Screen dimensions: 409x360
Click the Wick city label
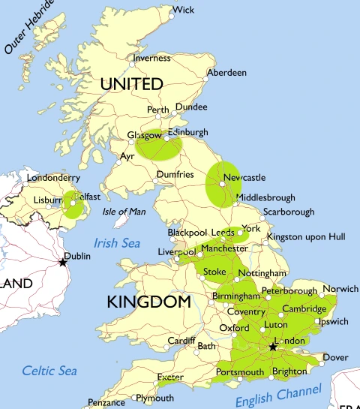[184, 11]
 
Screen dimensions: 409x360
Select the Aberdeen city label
[228, 73]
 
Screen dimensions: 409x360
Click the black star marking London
[273, 347]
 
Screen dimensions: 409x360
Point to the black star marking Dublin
[63, 262]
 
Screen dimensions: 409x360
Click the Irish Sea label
[117, 243]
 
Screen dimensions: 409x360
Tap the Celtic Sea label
[49, 370]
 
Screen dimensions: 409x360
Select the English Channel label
[278, 395]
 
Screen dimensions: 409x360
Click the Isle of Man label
[124, 212]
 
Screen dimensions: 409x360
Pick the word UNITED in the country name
[131, 84]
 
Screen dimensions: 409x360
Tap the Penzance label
[106, 403]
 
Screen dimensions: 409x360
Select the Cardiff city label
[181, 340]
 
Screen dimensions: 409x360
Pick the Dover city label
[335, 357]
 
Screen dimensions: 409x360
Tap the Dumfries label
[175, 175]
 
